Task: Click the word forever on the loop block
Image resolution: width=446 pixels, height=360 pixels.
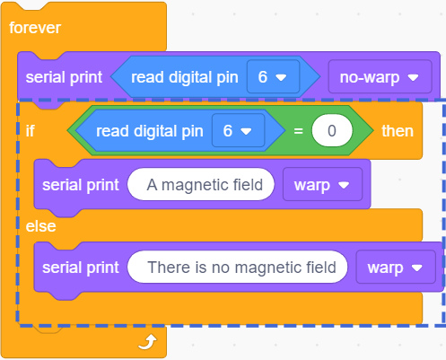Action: click(x=35, y=28)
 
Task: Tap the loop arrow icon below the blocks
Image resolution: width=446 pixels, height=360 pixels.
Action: click(x=147, y=342)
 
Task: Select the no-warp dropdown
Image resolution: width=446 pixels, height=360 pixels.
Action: click(x=380, y=77)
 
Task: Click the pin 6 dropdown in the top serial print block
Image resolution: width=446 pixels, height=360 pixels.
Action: click(x=273, y=77)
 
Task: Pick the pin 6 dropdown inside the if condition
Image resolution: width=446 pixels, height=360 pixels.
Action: click(x=238, y=130)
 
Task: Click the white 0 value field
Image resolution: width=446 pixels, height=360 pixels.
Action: click(x=332, y=131)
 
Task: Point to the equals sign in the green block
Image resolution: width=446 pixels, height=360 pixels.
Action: click(x=298, y=131)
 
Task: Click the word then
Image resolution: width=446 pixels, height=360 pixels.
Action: click(x=398, y=131)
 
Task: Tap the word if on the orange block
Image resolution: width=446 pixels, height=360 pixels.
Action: click(x=30, y=131)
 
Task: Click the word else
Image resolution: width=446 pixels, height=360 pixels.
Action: click(x=40, y=226)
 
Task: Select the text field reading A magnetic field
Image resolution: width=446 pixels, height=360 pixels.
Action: click(x=201, y=184)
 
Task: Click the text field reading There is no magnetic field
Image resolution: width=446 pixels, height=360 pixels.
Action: click(x=238, y=267)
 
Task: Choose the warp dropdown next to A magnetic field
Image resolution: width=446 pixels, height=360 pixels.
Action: click(x=322, y=184)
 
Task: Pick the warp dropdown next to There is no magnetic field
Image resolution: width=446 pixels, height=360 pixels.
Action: click(x=396, y=267)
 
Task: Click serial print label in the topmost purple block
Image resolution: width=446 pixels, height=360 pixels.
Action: click(x=64, y=77)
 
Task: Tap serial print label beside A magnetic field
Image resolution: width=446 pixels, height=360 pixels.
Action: click(x=81, y=185)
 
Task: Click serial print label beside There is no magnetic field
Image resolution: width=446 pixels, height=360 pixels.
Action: click(x=81, y=268)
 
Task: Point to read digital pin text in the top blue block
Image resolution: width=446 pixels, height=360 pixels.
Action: click(x=185, y=77)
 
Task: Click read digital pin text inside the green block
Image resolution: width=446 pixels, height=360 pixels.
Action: click(x=150, y=131)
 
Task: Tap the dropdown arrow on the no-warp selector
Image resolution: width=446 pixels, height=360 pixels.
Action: click(x=414, y=78)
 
